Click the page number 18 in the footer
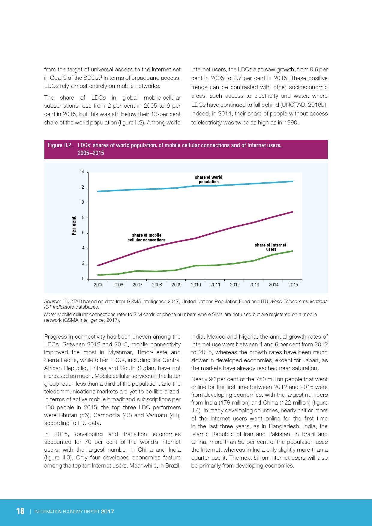tap(20, 511)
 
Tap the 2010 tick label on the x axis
tap(196, 285)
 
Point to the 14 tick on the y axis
tap(82, 172)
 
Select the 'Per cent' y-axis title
tap(74, 226)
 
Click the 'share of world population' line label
tap(208, 179)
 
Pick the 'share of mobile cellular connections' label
tap(146, 238)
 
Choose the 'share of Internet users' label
tap(270, 247)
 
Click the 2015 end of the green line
tap(292, 251)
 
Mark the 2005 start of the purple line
tap(98, 265)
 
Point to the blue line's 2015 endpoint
tap(292, 181)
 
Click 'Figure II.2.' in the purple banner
tap(60, 145)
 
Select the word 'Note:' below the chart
tap(50, 314)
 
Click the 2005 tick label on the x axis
tap(98, 285)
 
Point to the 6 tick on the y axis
tap(83, 233)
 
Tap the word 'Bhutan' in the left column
tap(68, 415)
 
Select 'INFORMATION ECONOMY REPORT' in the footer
tap(67, 512)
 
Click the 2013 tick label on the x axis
tap(254, 285)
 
